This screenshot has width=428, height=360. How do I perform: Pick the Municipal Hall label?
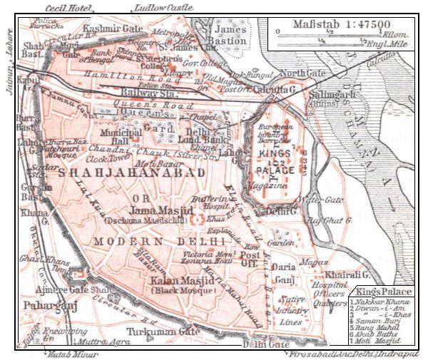[x=114, y=137]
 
